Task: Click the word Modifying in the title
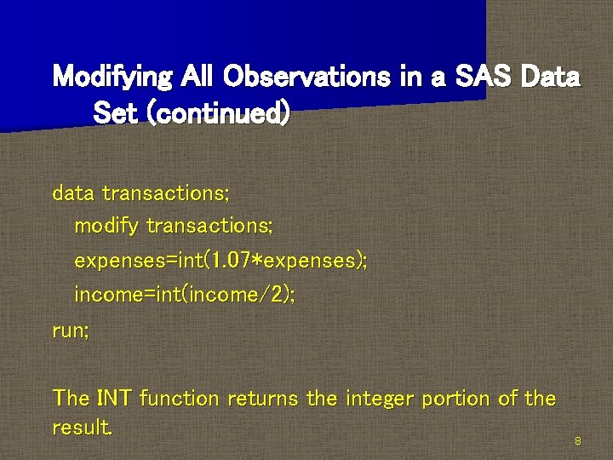pos(110,78)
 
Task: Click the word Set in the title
pos(115,112)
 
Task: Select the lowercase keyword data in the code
pos(73,193)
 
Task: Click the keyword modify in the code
pos(107,227)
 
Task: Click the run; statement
pos(70,330)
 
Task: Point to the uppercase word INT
pos(114,398)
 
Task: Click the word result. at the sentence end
pos(82,427)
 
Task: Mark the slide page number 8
pos(578,441)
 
